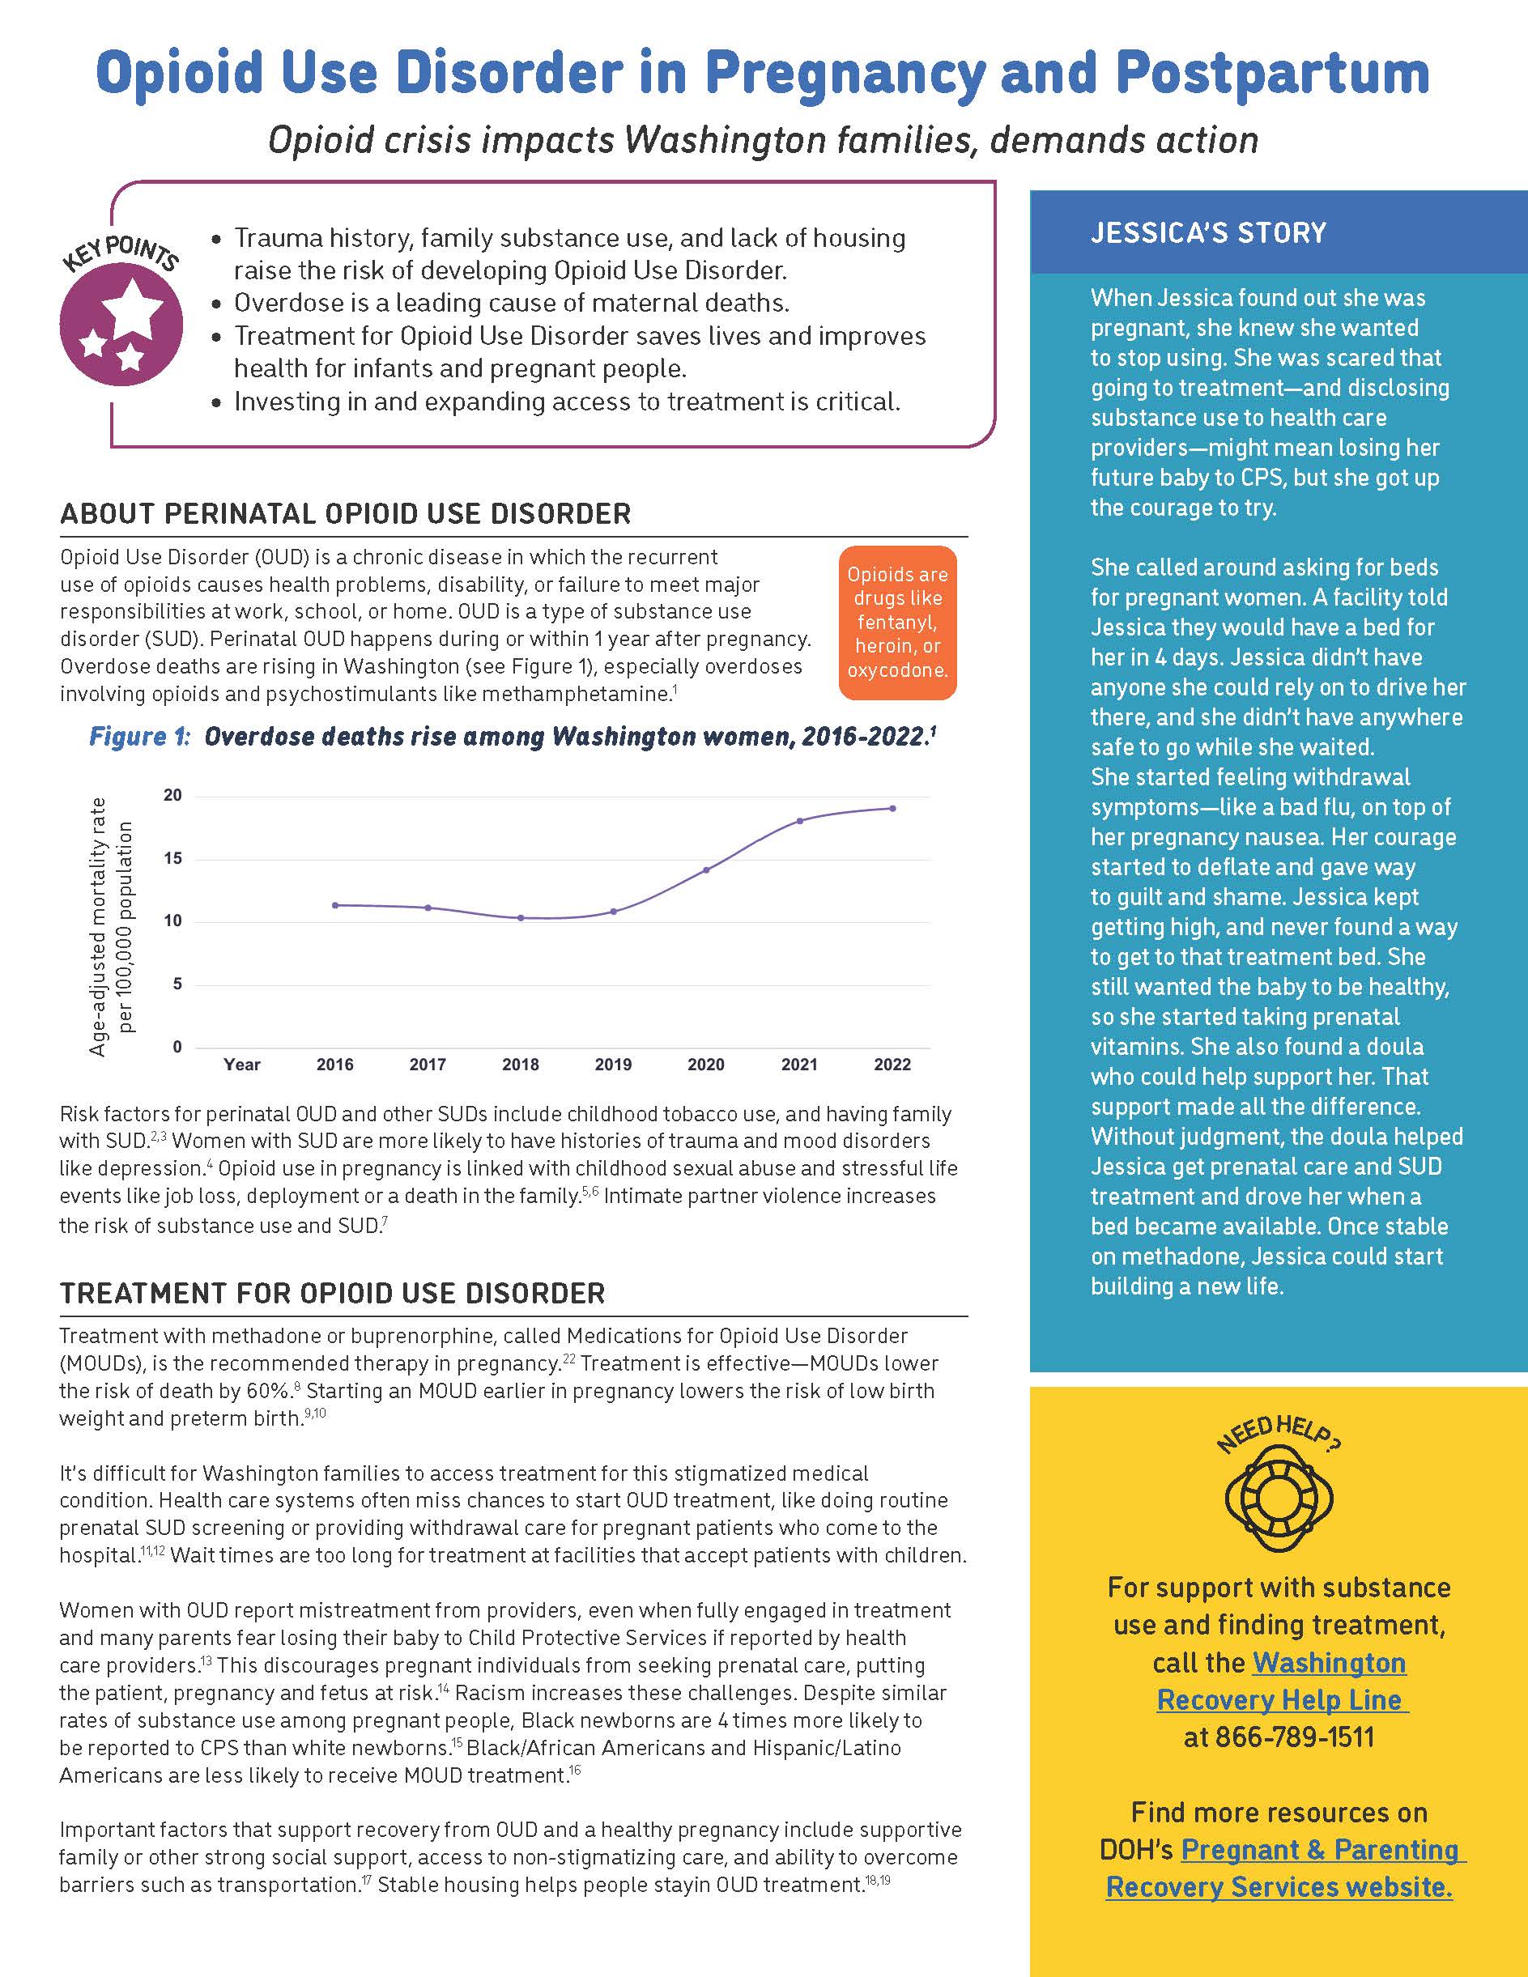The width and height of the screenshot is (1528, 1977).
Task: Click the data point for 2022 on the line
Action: pos(892,808)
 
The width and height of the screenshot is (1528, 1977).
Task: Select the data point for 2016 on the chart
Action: pos(335,905)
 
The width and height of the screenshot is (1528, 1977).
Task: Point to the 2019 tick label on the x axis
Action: pos(613,1065)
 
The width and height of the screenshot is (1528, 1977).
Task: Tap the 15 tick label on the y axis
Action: pos(173,858)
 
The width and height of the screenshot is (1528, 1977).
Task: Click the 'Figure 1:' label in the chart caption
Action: pos(139,737)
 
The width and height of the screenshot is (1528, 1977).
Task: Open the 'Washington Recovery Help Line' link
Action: pos(1282,1681)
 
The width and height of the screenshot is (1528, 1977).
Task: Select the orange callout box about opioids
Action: pos(897,622)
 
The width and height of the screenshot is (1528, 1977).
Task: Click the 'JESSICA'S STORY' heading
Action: pos(1208,232)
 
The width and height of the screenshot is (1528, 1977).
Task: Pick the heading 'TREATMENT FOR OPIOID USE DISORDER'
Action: pos(332,1293)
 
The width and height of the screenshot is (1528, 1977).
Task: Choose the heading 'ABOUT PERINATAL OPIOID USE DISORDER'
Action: pos(345,513)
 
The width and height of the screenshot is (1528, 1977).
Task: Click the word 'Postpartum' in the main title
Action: pos(1272,72)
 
